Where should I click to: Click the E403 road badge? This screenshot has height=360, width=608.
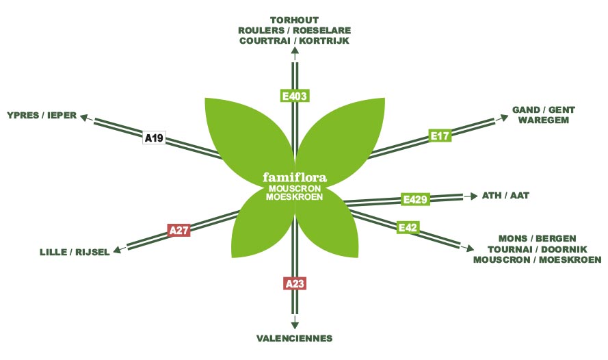(x=294, y=97)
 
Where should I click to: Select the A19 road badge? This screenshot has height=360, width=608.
(x=154, y=138)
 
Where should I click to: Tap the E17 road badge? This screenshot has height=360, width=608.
(x=440, y=136)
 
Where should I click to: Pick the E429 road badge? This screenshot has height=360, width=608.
(x=415, y=200)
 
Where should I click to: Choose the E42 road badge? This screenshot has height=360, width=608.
(x=407, y=227)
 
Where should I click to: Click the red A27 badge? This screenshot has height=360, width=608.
(x=178, y=230)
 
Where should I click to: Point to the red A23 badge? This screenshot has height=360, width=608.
(x=294, y=282)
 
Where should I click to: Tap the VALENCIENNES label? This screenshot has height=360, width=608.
(x=294, y=338)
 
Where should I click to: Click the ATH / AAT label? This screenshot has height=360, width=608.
(x=505, y=195)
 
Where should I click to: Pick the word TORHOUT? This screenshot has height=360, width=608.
(x=294, y=20)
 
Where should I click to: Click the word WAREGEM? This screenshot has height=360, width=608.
(x=543, y=120)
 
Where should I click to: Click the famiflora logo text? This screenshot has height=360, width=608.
(x=295, y=177)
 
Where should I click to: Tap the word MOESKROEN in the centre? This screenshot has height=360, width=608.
(x=294, y=196)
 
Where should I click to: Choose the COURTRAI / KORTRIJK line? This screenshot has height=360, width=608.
(x=294, y=41)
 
